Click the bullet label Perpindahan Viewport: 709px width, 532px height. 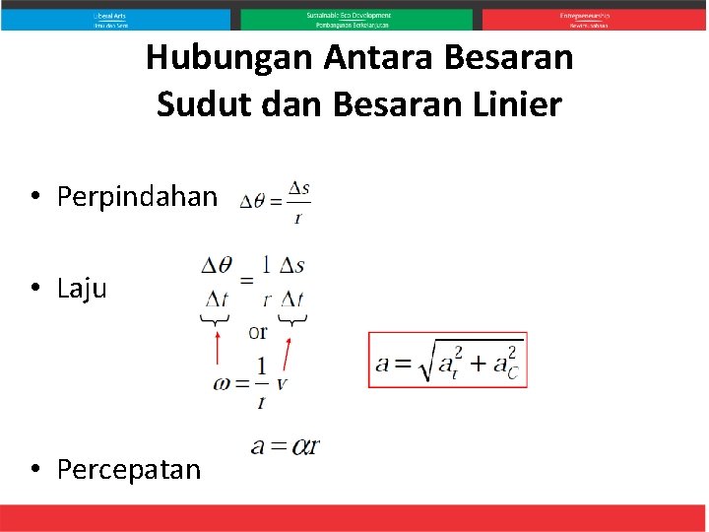coord(137,197)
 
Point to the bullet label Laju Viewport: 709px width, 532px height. coord(82,289)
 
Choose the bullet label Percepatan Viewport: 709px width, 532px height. coord(129,469)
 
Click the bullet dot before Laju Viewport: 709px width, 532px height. coord(34,289)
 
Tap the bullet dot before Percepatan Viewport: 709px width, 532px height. coord(34,469)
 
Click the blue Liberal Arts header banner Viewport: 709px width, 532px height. coord(115,20)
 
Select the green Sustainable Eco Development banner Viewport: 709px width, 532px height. coord(355,20)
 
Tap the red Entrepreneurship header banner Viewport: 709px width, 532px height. coord(594,20)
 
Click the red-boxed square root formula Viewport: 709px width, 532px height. coord(448,361)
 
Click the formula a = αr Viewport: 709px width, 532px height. coord(285,446)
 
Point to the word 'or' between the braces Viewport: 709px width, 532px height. coord(257,332)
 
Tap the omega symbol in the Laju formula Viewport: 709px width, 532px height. coord(222,383)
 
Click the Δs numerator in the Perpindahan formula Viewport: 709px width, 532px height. coord(298,187)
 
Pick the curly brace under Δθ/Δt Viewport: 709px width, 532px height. coord(216,319)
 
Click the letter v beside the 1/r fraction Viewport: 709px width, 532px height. coord(282,383)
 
